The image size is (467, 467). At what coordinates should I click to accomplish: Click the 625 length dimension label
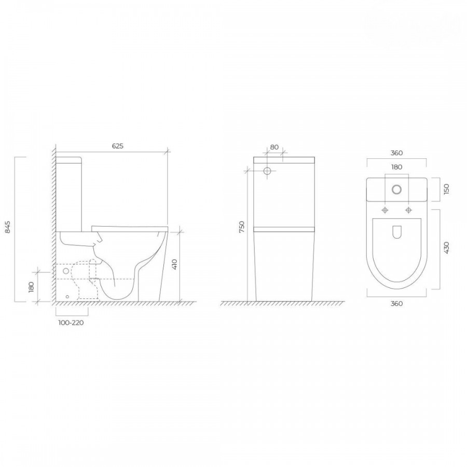[x=118, y=146]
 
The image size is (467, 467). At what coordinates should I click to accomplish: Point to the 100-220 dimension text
[x=71, y=323]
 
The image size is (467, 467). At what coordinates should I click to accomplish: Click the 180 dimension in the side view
[x=32, y=287]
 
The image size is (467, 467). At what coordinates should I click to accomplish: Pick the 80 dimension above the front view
[x=274, y=147]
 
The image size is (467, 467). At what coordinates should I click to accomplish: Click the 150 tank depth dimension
[x=446, y=189]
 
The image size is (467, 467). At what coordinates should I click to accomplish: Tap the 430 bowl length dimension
[x=446, y=248]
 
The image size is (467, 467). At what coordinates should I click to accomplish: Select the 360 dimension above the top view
[x=396, y=153]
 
